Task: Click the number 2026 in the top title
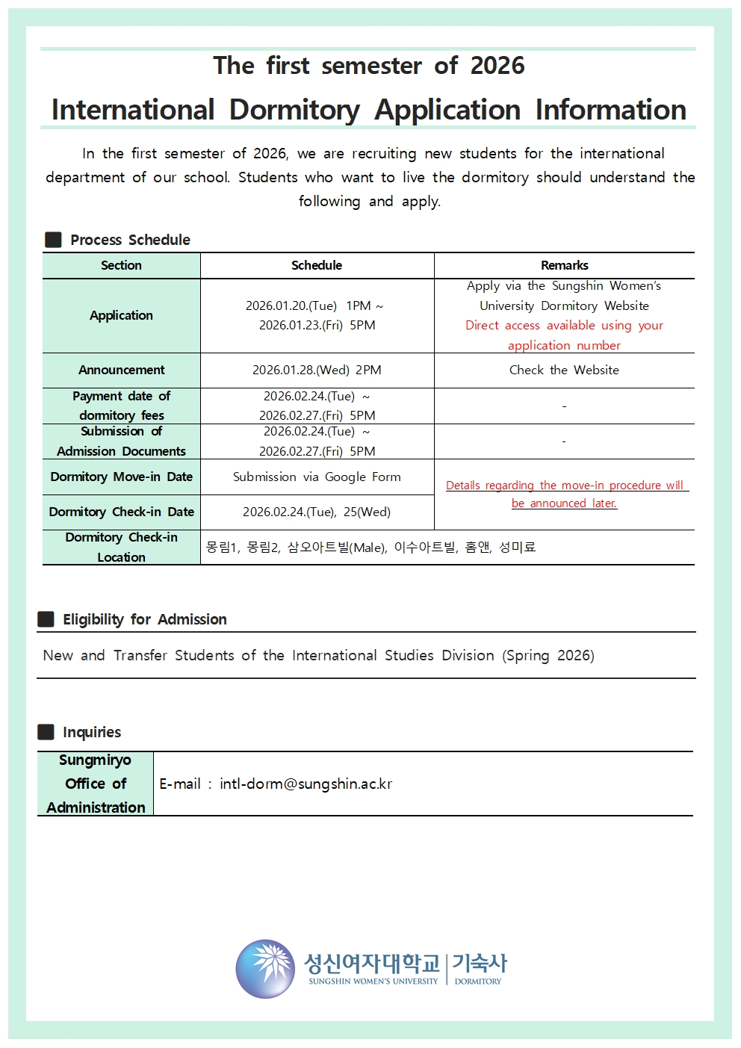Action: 497,66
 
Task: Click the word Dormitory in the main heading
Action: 294,110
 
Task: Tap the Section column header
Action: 121,265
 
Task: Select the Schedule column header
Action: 317,265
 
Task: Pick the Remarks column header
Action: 564,265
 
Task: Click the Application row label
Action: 121,315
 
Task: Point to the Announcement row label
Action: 121,370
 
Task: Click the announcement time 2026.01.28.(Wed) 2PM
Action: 317,370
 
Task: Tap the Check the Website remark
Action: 564,370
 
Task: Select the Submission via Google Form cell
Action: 317,477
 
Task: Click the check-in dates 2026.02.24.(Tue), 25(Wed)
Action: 317,512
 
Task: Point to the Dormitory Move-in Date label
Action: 121,477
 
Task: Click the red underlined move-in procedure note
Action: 564,494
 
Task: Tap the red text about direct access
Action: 564,335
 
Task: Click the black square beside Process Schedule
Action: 53,240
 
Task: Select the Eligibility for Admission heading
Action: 144,619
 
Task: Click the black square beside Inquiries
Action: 46,732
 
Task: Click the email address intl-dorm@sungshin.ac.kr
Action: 306,784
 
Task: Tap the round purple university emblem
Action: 265,969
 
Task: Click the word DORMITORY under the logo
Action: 478,982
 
